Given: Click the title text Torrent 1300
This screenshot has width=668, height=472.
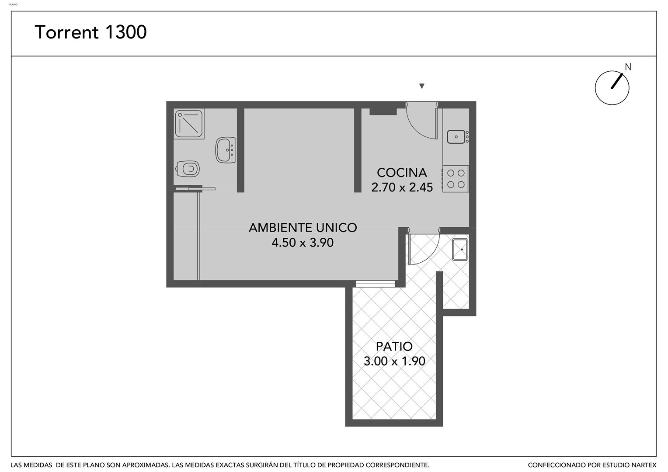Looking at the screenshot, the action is pyautogui.click(x=90, y=32).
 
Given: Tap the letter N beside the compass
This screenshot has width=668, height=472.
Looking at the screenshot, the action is pyautogui.click(x=628, y=67).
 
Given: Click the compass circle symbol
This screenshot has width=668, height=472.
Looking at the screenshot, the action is pyautogui.click(x=612, y=88).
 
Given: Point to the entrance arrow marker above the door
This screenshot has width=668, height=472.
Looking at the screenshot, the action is pyautogui.click(x=422, y=86).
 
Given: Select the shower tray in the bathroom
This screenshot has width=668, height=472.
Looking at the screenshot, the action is pyautogui.click(x=189, y=123).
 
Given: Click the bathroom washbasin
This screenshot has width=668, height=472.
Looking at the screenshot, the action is pyautogui.click(x=226, y=150).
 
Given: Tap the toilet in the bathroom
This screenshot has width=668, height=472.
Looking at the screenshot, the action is pyautogui.click(x=188, y=169).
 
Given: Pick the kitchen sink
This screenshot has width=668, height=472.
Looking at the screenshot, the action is pyautogui.click(x=457, y=137).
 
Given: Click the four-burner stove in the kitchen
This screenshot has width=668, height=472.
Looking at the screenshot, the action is pyautogui.click(x=456, y=179).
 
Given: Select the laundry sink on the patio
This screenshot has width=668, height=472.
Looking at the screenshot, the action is pyautogui.click(x=460, y=250).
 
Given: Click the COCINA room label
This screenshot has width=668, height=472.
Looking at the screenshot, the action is pyautogui.click(x=402, y=173).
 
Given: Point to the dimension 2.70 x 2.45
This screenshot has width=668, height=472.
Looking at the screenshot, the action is pyautogui.click(x=402, y=187).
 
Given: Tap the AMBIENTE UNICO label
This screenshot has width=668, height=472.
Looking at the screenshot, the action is pyautogui.click(x=303, y=228).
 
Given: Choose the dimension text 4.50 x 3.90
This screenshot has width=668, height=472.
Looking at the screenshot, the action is pyautogui.click(x=303, y=243).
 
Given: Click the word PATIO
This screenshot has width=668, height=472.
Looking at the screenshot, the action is pyautogui.click(x=394, y=347).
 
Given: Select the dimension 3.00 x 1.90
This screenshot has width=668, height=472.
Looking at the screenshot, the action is pyautogui.click(x=394, y=361).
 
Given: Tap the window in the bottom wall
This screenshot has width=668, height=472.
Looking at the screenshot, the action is pyautogui.click(x=376, y=284).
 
